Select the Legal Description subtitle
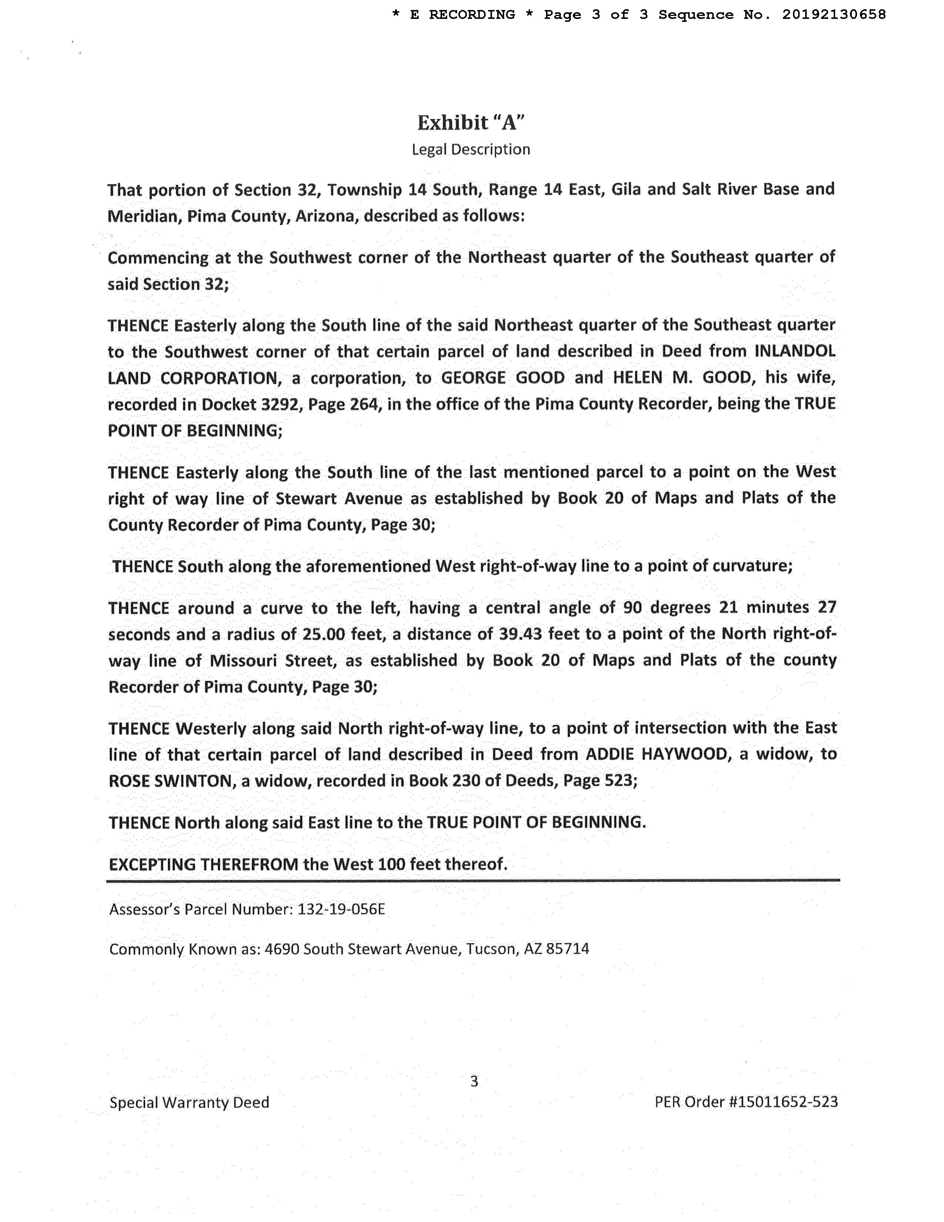point(471,149)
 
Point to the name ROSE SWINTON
point(170,781)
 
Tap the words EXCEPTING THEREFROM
point(204,864)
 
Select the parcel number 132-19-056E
point(341,909)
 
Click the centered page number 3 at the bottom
point(474,1082)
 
